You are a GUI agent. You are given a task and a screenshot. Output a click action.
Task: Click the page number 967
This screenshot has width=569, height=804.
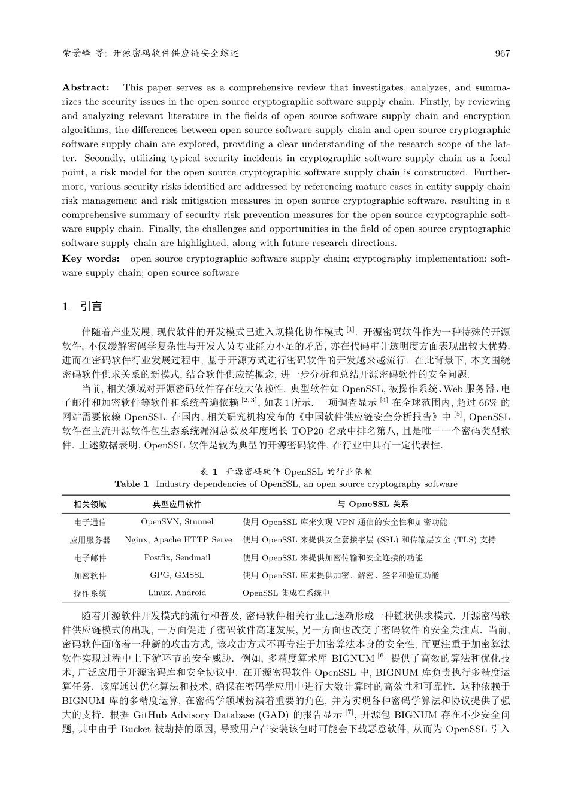[x=503, y=53]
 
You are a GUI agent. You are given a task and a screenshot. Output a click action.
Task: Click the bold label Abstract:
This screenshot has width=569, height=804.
[x=86, y=87]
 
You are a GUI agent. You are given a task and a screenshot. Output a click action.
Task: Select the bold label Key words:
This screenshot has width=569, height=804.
[x=90, y=259]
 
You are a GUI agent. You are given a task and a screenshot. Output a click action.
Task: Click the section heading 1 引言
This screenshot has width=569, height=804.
[x=82, y=307]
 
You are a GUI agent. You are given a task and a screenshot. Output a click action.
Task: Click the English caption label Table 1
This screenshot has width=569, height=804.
[x=131, y=484]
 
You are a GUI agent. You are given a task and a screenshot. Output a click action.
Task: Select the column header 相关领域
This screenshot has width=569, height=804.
[x=90, y=504]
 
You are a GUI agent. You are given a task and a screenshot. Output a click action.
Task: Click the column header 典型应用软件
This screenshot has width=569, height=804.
[x=177, y=504]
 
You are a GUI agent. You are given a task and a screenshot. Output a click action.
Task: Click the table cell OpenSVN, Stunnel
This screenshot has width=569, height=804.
[x=177, y=522]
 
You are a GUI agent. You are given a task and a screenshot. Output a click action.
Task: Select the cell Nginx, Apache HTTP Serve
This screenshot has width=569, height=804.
[x=178, y=539]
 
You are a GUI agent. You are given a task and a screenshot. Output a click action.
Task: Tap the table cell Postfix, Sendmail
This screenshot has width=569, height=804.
[x=177, y=557]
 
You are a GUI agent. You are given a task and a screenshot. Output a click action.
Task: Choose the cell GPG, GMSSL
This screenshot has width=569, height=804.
[x=177, y=575]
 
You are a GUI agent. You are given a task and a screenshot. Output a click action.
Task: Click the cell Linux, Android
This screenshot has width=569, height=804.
[x=177, y=593]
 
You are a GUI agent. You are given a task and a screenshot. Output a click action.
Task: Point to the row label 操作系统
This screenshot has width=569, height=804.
[x=90, y=593]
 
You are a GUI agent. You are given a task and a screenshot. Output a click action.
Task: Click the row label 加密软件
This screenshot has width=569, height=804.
[x=90, y=575]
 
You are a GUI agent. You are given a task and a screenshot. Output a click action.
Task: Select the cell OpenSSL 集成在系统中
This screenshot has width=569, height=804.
[x=286, y=593]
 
